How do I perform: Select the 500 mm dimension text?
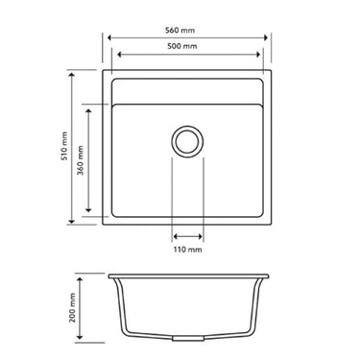[x=186, y=46]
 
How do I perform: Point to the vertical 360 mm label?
[x=82, y=159]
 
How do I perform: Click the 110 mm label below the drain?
[x=188, y=250]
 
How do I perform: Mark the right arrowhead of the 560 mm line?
[x=270, y=38]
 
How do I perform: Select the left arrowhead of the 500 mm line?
[x=114, y=55]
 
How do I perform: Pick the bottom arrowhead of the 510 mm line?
[x=73, y=224]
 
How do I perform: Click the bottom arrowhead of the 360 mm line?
[x=89, y=212]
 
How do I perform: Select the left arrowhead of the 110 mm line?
[x=175, y=235]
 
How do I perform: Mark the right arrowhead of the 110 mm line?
[x=202, y=235]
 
